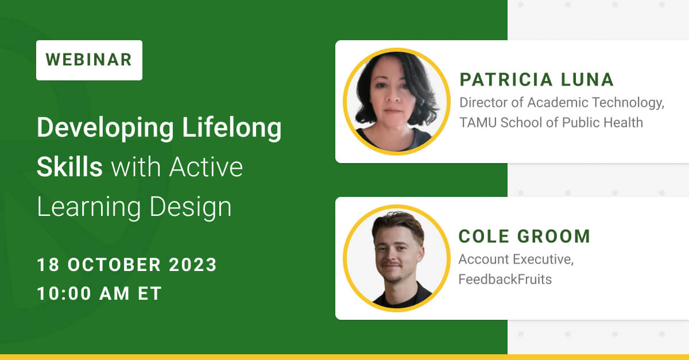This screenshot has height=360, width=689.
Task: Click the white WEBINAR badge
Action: click(x=89, y=60)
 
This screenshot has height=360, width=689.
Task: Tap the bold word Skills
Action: click(x=69, y=167)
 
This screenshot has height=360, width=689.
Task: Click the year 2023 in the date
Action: click(x=192, y=265)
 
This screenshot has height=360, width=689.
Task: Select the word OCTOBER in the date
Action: click(x=115, y=265)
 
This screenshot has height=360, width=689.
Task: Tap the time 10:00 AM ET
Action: click(x=99, y=293)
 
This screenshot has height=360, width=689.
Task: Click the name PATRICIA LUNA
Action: click(x=537, y=79)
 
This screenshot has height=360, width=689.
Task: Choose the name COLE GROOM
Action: click(x=524, y=236)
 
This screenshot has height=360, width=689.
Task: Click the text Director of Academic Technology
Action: click(x=562, y=103)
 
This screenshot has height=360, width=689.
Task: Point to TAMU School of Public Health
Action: click(x=551, y=122)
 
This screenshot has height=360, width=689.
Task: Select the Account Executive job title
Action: click(x=516, y=259)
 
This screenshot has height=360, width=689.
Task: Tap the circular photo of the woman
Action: click(x=396, y=102)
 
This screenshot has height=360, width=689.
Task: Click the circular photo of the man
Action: click(x=396, y=258)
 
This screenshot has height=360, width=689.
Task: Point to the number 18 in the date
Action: click(x=48, y=265)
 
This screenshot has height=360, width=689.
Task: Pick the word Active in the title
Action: click(x=206, y=167)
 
